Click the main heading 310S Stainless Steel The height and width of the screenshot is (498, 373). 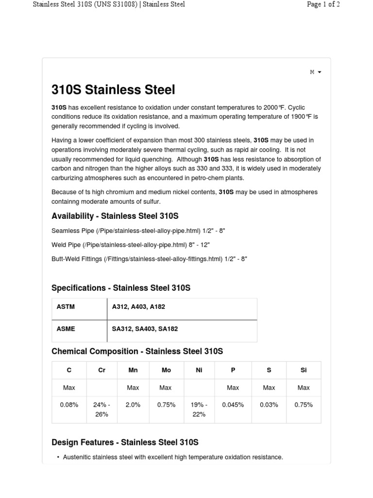click(113, 90)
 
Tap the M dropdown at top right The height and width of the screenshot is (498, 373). click(315, 72)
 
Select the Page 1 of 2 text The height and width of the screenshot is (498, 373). click(323, 4)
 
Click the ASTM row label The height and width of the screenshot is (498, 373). click(66, 307)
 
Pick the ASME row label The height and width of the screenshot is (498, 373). click(66, 329)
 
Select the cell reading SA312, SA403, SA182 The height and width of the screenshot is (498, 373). click(145, 329)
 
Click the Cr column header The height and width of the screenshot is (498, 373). click(102, 370)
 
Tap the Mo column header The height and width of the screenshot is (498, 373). click(166, 370)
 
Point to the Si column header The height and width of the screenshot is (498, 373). click(304, 370)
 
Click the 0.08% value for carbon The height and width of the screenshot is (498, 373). click(69, 405)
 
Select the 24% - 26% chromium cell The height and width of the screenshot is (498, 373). click(102, 409)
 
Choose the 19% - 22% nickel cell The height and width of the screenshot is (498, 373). click(199, 409)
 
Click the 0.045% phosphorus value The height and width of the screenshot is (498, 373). click(233, 405)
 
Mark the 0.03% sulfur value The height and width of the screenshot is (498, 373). click(269, 405)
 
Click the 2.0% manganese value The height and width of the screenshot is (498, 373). click(133, 405)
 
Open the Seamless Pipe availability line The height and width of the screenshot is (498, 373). click(138, 231)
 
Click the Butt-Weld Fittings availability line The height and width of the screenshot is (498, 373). click(149, 259)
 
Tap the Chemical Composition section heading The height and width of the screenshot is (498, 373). click(137, 351)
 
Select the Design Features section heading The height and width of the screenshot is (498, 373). click(125, 442)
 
